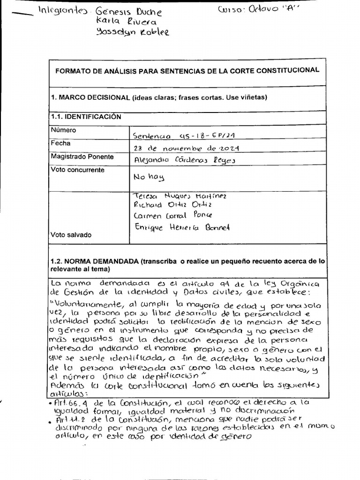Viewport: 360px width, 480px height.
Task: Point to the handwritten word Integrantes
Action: point(62,10)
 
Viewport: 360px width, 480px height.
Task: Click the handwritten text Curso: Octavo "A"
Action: point(260,10)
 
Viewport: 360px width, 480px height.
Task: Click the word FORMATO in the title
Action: point(74,70)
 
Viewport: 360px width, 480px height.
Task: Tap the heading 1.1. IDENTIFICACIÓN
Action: point(86,117)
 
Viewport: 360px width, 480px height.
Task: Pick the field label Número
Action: point(63,130)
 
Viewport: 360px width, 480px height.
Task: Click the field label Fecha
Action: point(60,143)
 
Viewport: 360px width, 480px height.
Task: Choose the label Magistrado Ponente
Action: point(82,157)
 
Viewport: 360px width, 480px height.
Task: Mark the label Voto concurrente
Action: point(77,170)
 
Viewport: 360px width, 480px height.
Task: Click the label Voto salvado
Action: point(71,235)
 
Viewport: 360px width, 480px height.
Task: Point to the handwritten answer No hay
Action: point(149,178)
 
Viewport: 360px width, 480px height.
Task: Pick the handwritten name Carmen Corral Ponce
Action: point(172,216)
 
